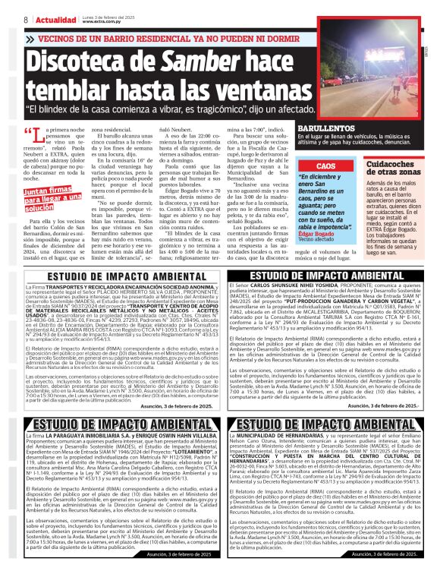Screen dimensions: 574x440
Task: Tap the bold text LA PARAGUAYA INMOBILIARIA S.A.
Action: [x=77, y=437]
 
